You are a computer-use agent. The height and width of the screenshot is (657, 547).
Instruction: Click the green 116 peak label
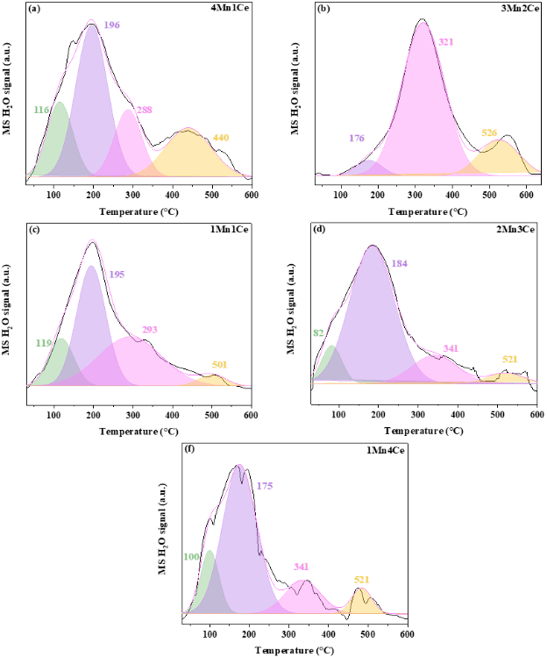coord(41,110)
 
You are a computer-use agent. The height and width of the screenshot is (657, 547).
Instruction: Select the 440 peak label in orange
coord(221,139)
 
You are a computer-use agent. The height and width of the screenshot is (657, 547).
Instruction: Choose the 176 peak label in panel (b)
coord(358,137)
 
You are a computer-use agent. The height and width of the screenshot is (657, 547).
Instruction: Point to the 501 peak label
coord(219,364)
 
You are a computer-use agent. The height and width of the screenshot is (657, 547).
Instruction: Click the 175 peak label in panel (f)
coord(265,482)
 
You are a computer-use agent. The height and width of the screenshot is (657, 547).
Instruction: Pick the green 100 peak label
coord(191,556)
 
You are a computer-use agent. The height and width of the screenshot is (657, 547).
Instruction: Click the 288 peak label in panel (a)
coord(145,110)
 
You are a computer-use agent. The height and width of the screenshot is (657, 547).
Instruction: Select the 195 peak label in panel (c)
coord(117,275)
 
